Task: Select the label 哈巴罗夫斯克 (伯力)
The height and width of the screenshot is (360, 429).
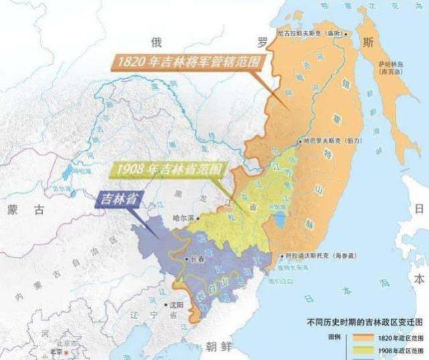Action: (329, 141)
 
